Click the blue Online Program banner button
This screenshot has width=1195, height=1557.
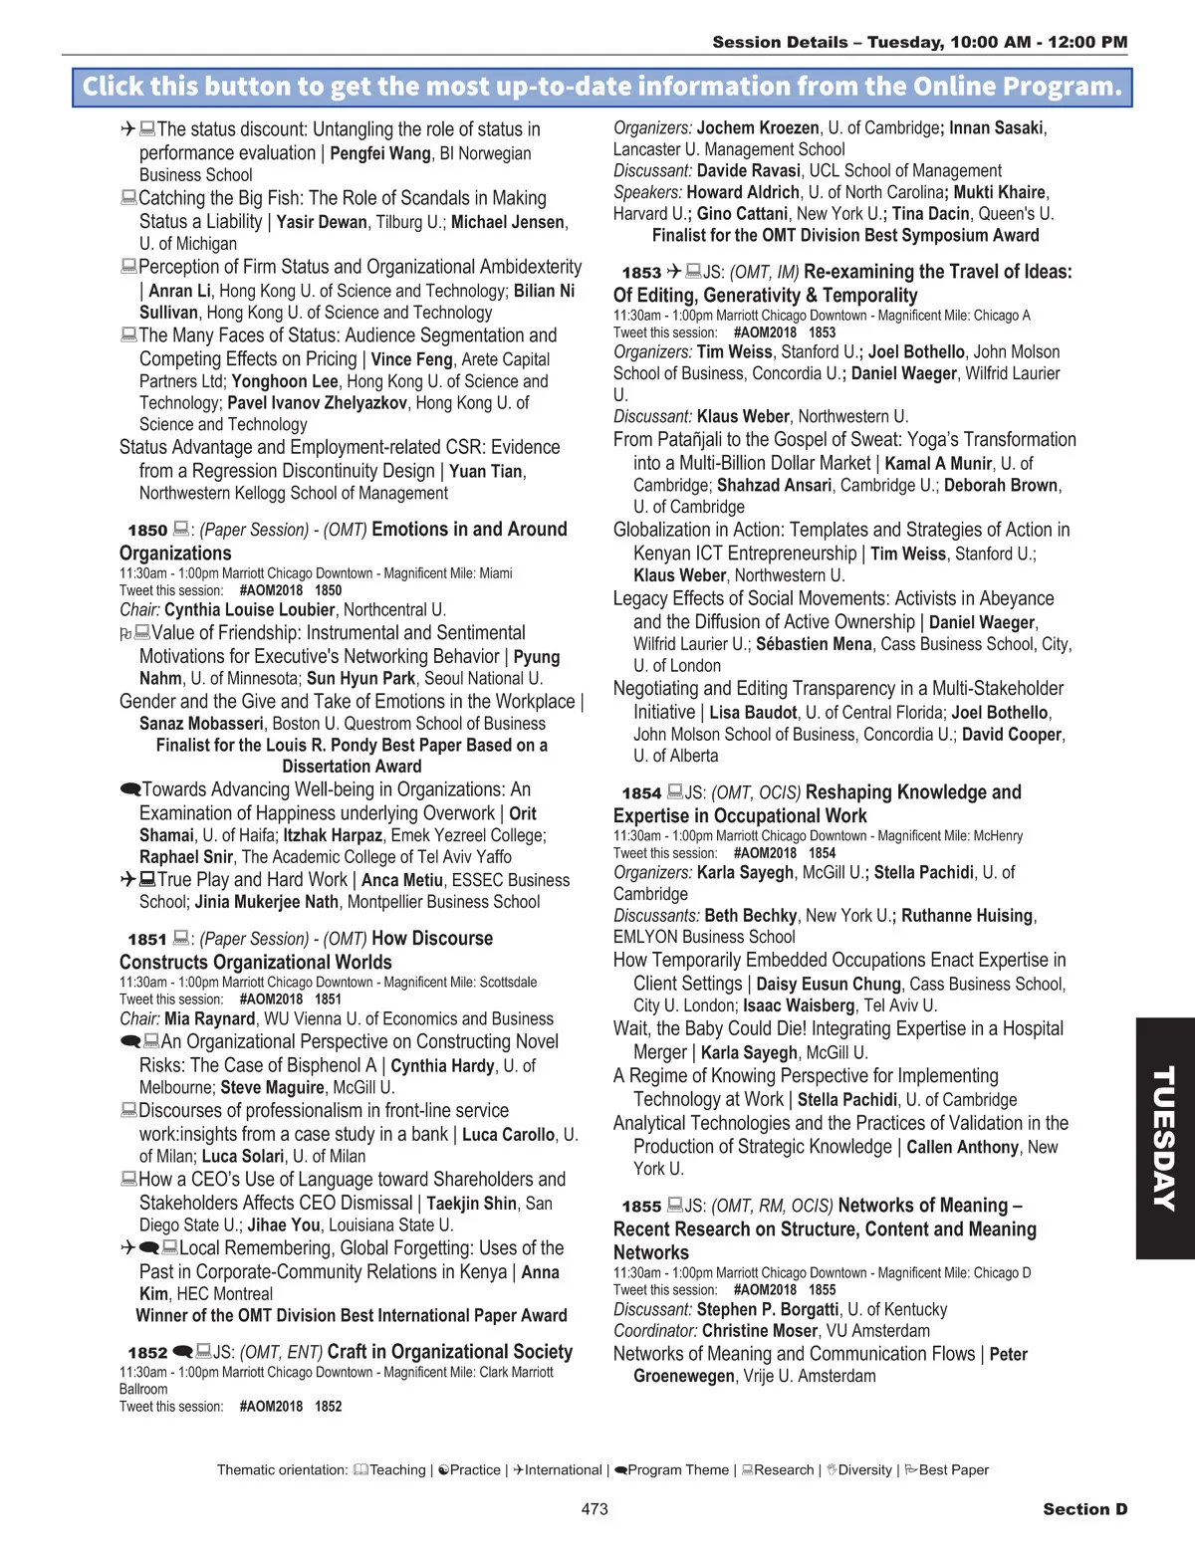tap(601, 87)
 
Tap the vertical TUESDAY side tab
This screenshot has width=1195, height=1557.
tap(1164, 1138)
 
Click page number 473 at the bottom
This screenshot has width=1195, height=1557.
tap(595, 1509)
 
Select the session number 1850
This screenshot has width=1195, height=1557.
tap(147, 531)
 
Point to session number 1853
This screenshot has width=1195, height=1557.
tap(641, 273)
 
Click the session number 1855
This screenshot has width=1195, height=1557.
tap(641, 1207)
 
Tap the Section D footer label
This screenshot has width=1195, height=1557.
tap(1084, 1509)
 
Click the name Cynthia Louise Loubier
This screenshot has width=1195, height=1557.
tap(249, 610)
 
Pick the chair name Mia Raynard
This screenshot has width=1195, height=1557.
tap(209, 1018)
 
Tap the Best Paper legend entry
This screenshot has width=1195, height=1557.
tap(953, 1470)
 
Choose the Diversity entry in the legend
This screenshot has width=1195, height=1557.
tap(864, 1470)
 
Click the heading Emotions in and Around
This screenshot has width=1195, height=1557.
tap(469, 530)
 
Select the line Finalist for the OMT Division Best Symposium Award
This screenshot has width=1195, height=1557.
tap(845, 235)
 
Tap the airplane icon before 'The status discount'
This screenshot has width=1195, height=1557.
tap(127, 129)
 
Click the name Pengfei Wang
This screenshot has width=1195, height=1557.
tap(380, 153)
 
